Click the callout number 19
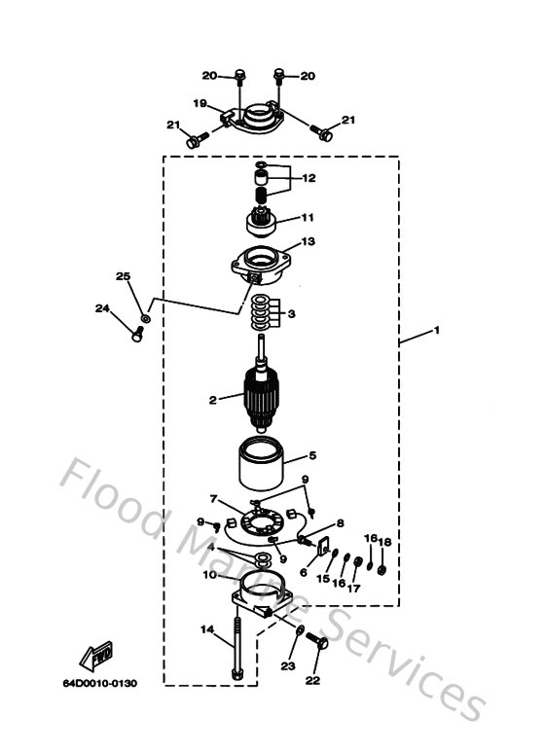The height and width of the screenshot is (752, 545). click(x=199, y=103)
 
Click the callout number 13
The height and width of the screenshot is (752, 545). click(x=308, y=241)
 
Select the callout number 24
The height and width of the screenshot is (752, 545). click(x=102, y=308)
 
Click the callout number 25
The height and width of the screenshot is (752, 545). click(x=123, y=276)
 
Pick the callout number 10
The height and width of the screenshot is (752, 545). click(x=209, y=575)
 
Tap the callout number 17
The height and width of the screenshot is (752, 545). click(x=353, y=588)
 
